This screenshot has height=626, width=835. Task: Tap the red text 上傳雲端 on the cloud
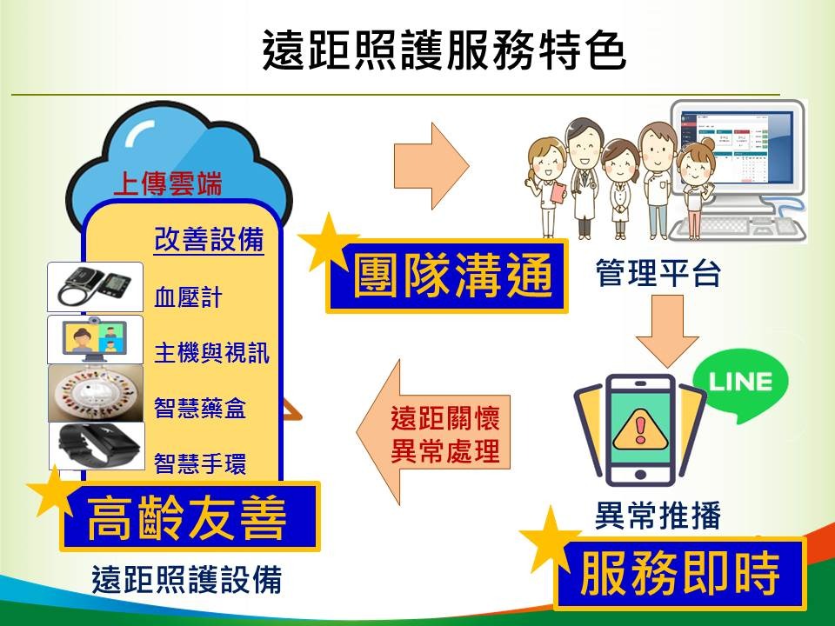(x=168, y=184)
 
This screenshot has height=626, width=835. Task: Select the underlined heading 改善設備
(x=209, y=240)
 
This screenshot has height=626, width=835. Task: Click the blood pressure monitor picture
(x=95, y=287)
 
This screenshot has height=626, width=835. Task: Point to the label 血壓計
(x=188, y=299)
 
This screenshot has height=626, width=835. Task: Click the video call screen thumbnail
(x=95, y=340)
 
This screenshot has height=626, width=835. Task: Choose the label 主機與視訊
(x=211, y=353)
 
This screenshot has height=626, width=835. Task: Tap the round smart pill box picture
(x=95, y=394)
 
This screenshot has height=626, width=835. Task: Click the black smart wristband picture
(x=95, y=447)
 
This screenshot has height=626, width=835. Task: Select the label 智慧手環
(x=199, y=463)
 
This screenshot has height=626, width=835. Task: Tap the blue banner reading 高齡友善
(x=189, y=516)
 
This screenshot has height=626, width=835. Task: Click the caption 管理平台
(x=658, y=274)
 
